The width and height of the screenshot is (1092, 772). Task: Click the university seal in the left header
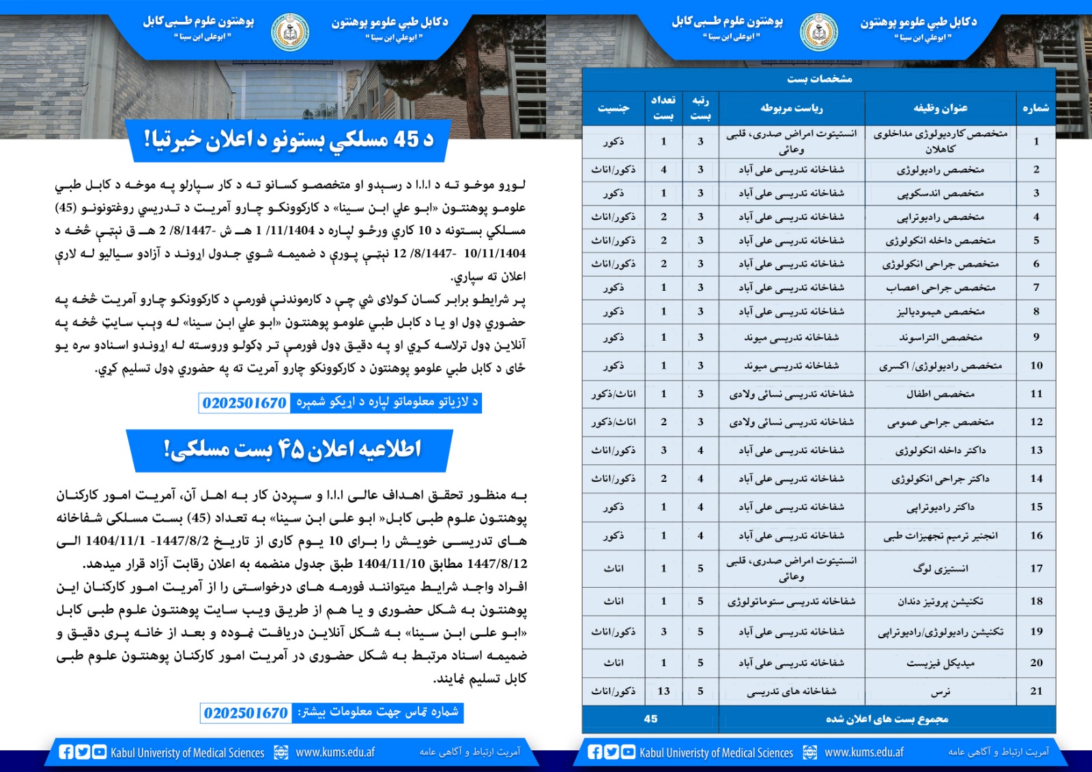290,32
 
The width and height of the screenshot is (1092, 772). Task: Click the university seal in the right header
819,32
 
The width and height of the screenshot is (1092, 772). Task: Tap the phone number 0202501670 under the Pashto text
244,403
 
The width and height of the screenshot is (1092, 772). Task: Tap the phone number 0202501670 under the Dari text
246,713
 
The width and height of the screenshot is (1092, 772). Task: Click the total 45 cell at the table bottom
650,719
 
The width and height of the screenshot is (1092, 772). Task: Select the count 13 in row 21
663,691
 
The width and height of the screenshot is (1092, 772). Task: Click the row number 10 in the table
1036,365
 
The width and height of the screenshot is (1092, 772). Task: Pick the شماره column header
1035,108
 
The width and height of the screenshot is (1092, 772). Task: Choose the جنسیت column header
613,108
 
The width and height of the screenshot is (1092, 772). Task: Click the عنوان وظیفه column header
940,108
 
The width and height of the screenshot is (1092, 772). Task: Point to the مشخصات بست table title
819,78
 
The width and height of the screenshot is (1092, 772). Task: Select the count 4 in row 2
663,169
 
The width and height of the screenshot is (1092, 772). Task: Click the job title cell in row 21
940,691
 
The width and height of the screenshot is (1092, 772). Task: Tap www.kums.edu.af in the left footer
335,752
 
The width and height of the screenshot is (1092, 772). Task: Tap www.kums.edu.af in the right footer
864,752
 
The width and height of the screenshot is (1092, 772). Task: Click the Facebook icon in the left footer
66,752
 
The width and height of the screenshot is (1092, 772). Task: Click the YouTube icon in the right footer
628,752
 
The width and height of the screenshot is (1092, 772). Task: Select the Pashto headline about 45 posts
289,139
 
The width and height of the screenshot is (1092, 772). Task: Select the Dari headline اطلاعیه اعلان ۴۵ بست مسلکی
291,449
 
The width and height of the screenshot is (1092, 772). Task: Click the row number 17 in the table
1036,568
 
